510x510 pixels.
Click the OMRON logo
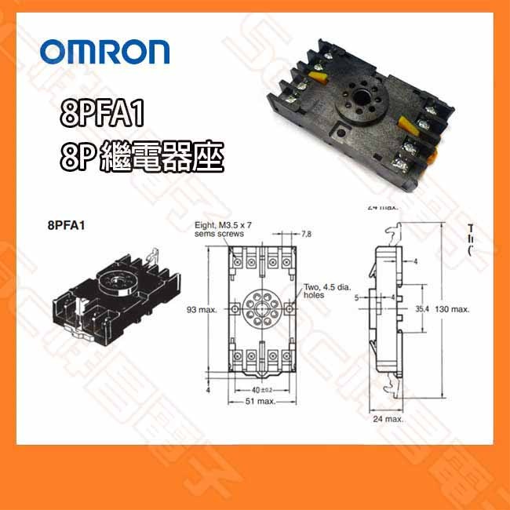pos(105,51)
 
